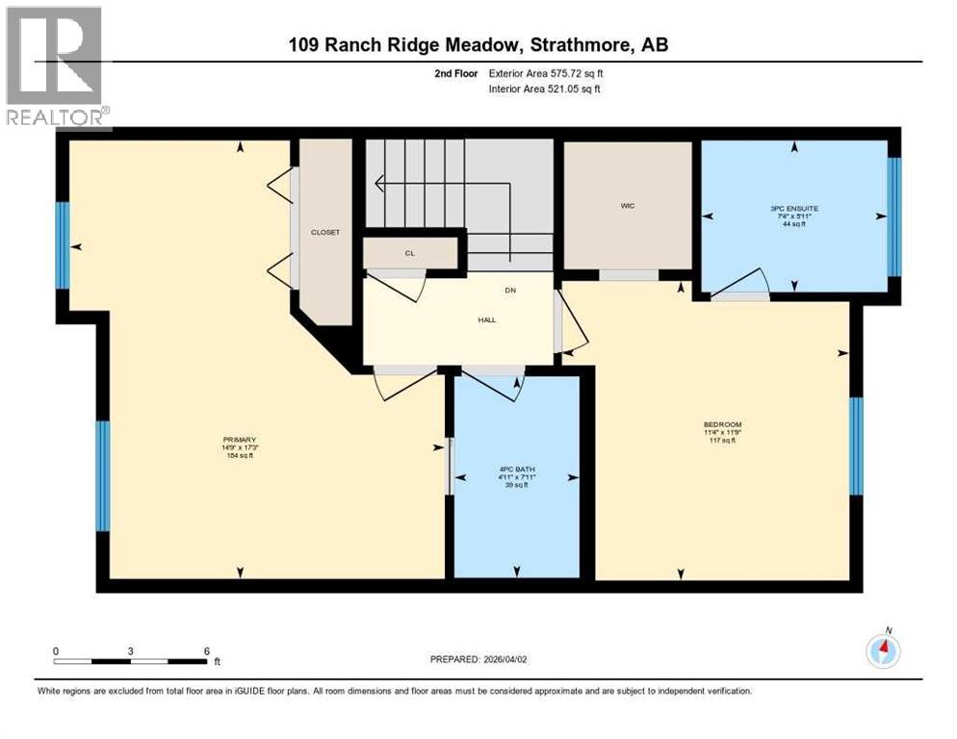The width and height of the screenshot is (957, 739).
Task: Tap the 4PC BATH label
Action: tap(518, 471)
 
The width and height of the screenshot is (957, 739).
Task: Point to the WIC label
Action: tap(628, 205)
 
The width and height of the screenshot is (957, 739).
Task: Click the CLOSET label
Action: tap(324, 232)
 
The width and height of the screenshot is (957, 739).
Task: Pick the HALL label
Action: tap(487, 319)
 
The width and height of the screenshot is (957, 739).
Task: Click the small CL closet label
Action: tap(409, 253)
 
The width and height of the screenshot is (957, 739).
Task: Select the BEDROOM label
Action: tap(722, 424)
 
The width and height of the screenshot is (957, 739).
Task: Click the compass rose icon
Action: tap(883, 651)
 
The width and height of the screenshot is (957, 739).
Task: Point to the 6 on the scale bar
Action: tap(206, 650)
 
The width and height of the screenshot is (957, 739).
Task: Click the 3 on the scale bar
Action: tap(130, 650)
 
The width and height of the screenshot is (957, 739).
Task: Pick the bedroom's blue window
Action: tap(855, 446)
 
